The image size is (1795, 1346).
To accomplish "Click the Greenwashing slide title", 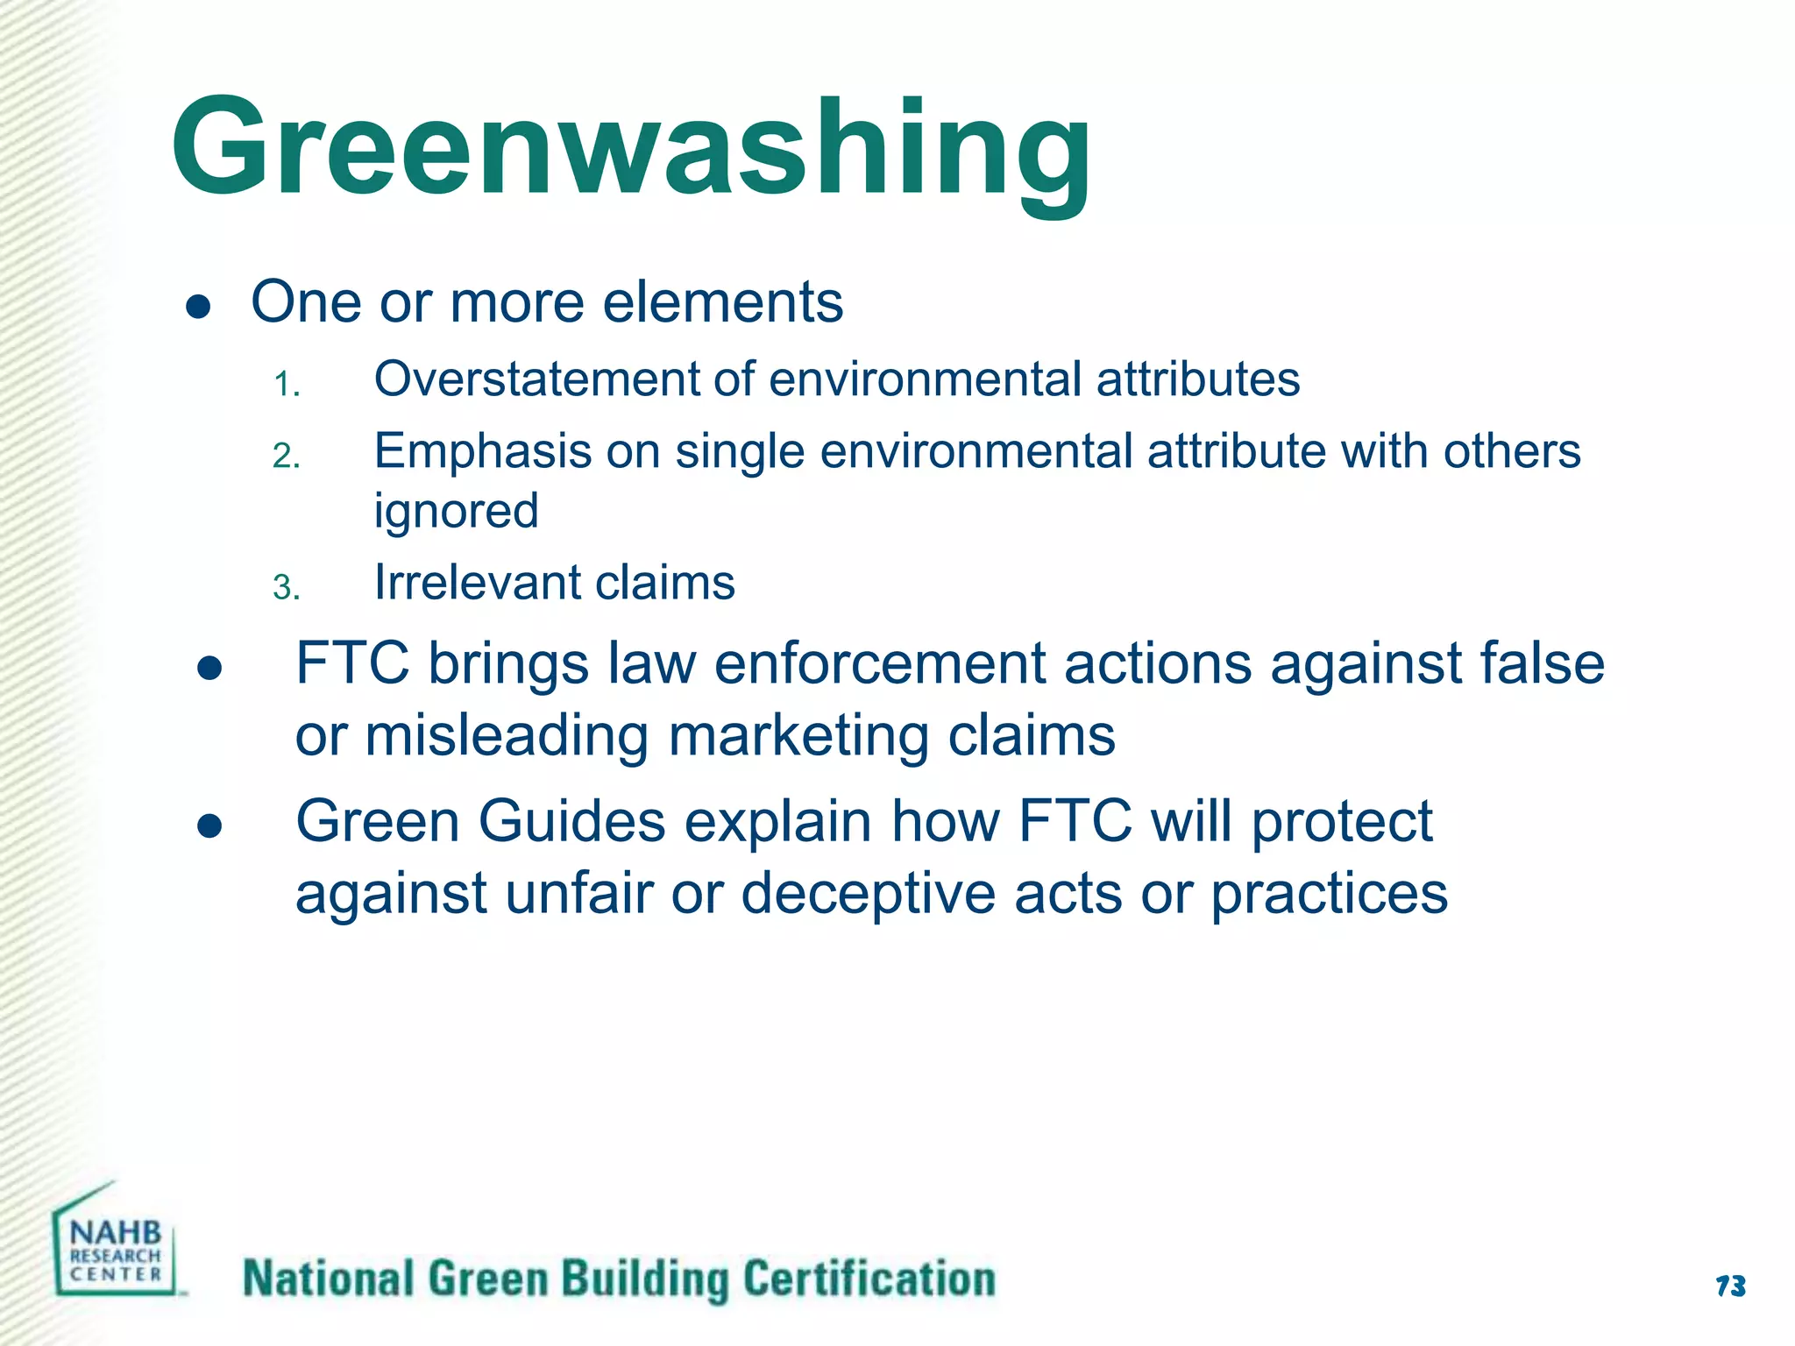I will click(631, 149).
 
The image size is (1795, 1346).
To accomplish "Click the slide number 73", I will click(1730, 1286).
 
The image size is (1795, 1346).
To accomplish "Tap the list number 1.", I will click(287, 385).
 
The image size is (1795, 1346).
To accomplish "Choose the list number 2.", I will click(287, 457).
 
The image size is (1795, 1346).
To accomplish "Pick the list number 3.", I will click(287, 587).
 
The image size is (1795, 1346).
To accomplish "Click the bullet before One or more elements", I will click(199, 307).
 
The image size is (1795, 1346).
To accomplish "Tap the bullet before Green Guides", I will click(209, 826).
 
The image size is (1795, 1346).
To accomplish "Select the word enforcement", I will click(879, 663).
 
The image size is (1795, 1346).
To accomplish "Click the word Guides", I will click(571, 822).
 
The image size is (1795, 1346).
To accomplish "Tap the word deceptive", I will click(868, 895).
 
